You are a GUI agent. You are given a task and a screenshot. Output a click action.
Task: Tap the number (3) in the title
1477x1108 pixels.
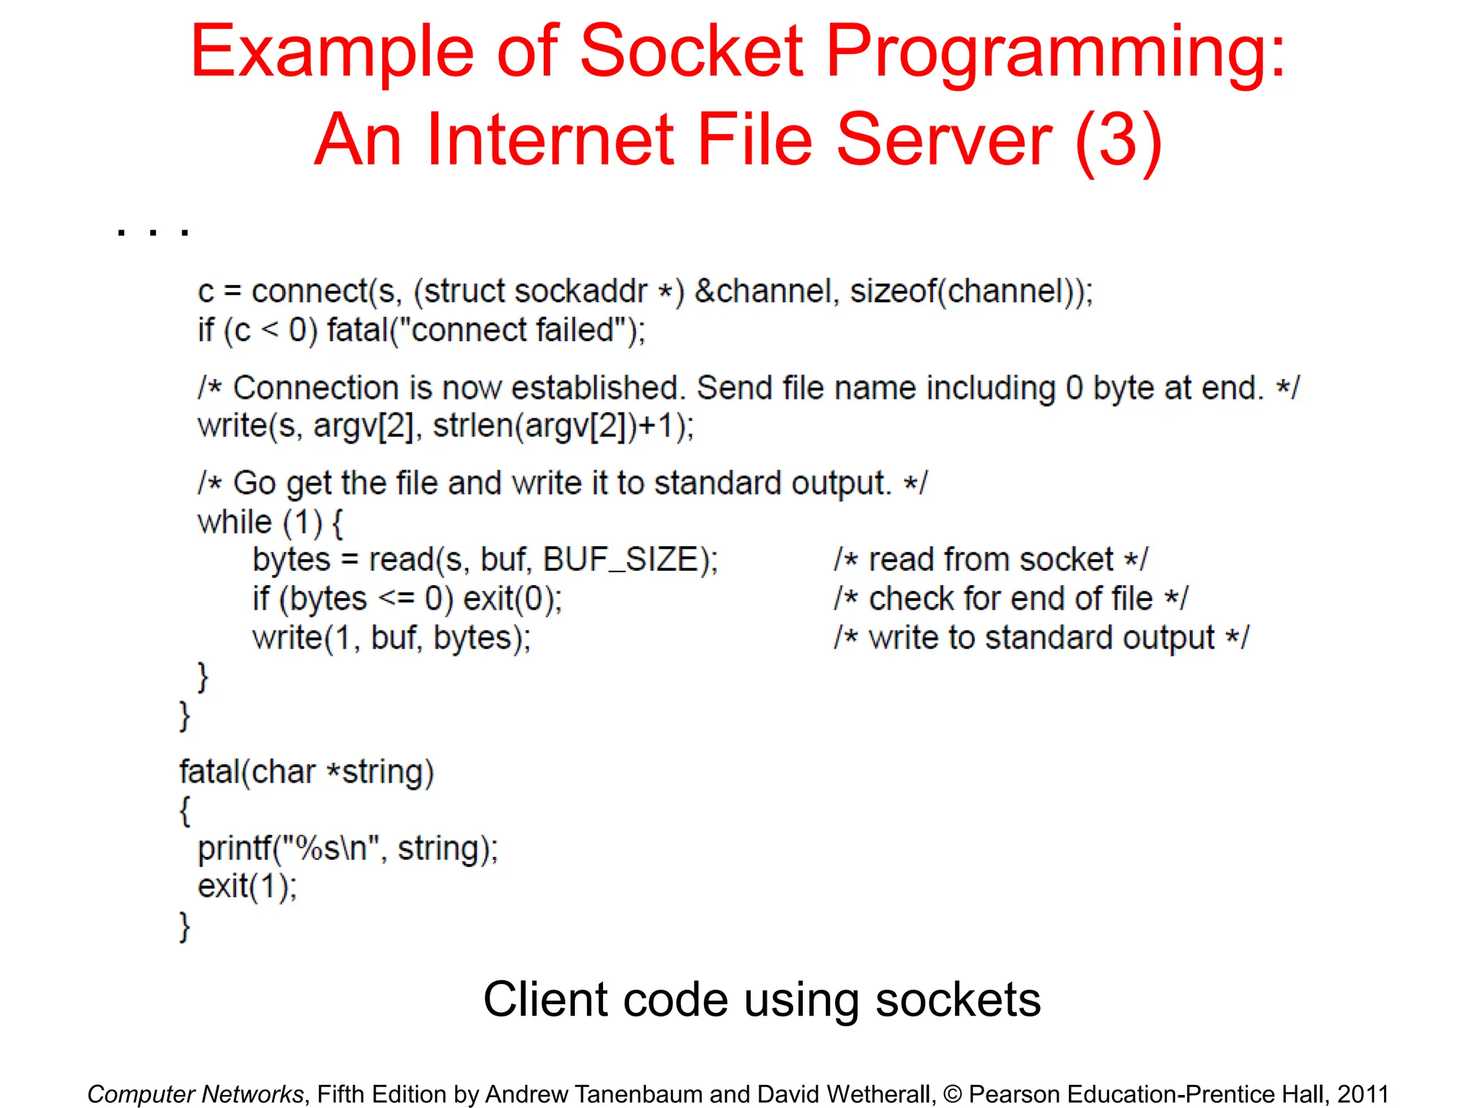click(x=1118, y=139)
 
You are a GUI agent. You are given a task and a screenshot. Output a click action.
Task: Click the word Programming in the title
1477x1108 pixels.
click(x=1054, y=52)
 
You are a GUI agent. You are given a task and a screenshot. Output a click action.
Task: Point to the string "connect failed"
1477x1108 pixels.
click(x=518, y=331)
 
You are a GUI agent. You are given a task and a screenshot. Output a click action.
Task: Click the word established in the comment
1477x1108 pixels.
click(x=598, y=388)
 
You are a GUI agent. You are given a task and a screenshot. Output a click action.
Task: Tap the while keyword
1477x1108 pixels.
click(x=235, y=522)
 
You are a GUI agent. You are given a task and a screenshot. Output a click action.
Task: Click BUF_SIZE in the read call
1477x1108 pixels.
click(x=621, y=560)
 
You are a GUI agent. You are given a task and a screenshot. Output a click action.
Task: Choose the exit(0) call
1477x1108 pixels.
click(x=512, y=599)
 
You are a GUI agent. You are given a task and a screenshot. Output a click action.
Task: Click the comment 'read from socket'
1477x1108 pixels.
click(x=990, y=560)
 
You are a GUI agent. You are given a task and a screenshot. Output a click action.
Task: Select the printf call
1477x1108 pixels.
click(x=348, y=848)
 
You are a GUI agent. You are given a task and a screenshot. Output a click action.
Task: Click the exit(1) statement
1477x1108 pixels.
click(x=247, y=887)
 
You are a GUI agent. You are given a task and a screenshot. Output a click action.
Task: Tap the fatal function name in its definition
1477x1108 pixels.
click(x=209, y=772)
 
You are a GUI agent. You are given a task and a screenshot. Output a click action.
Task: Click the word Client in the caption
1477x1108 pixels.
click(x=545, y=1000)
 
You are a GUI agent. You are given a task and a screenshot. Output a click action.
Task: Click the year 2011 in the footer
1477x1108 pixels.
click(x=1362, y=1094)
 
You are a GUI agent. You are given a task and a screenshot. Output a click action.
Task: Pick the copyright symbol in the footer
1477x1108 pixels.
click(x=952, y=1094)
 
